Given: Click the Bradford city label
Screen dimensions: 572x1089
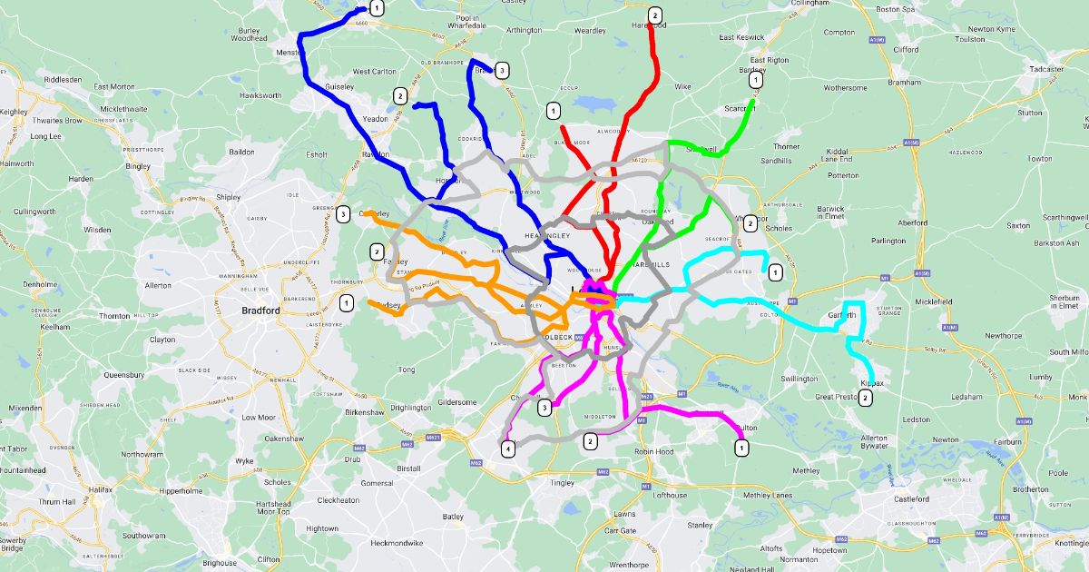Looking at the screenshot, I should coord(260,311).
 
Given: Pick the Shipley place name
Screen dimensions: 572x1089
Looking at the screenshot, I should coord(228,197).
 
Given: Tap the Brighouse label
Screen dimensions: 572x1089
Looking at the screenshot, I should coord(220,563).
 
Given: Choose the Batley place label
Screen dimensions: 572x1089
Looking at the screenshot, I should coord(453,517).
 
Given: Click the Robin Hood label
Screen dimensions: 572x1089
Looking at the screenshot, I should coord(653,451).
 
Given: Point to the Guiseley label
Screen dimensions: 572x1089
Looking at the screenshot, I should coord(339,86).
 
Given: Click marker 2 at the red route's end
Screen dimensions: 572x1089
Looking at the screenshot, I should coord(654,15).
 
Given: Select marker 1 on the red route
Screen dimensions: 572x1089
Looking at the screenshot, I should coord(553,111).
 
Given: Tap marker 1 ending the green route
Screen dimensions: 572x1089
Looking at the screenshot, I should coord(757,80).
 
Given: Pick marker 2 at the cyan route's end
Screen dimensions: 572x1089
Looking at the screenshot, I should coord(866,398).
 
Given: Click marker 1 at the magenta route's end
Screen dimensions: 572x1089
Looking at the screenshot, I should coord(741,447).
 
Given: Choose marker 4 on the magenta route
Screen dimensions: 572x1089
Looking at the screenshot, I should coord(508,448).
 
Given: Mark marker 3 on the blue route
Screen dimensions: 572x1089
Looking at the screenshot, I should coord(502,69).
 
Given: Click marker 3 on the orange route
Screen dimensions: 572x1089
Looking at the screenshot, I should coord(343,215).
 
